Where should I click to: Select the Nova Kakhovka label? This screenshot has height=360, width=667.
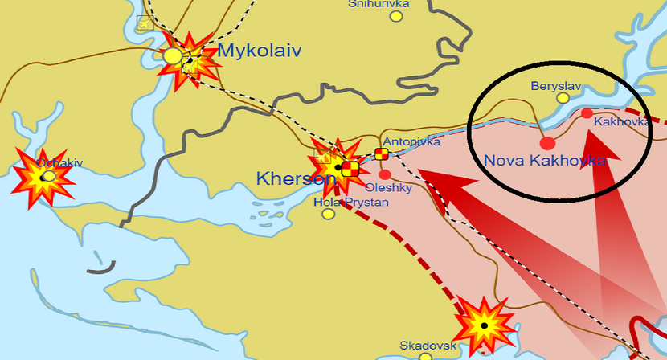[544, 161]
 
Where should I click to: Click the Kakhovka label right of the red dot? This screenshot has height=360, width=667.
[621, 122]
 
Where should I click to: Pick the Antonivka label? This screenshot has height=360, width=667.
[411, 141]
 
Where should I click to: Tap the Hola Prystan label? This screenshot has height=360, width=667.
[350, 202]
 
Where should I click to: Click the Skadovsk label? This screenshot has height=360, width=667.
[428, 346]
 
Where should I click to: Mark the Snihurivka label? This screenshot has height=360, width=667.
[379, 4]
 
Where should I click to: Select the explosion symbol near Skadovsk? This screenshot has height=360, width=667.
[485, 325]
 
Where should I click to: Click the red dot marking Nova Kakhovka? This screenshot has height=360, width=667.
[547, 144]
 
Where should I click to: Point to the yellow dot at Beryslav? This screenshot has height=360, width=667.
[563, 97]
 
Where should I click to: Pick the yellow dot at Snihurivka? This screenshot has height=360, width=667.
[374, 15]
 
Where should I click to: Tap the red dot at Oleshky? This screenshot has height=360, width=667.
[385, 174]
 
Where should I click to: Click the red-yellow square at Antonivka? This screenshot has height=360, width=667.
[381, 154]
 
